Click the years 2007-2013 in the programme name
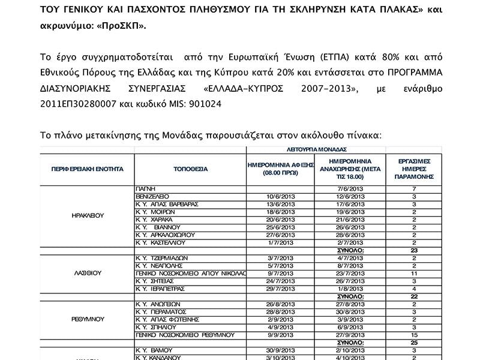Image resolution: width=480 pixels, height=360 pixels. tap(328, 89)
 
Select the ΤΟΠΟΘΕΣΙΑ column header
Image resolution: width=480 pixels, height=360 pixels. tap(190, 169)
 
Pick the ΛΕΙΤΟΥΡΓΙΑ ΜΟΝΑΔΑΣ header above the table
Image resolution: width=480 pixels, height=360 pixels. tap(317, 149)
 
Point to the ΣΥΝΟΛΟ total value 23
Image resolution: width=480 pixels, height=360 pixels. tap(414, 250)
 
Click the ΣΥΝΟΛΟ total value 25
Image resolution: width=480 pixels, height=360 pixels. tap(414, 342)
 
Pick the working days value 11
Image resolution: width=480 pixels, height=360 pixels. tap(414, 272)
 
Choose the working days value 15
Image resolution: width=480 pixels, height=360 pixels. tap(414, 334)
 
